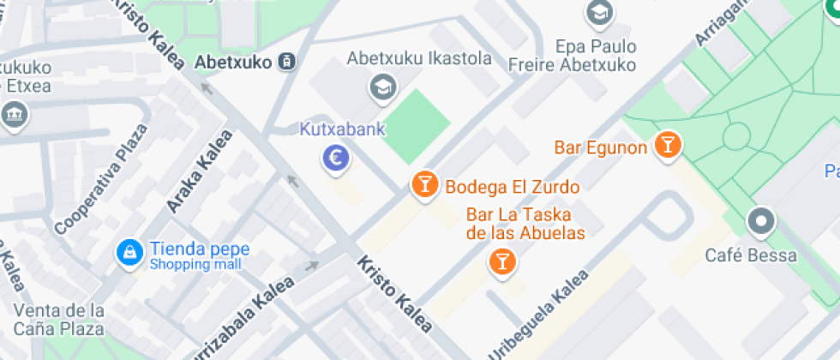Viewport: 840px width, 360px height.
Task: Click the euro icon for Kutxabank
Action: (x=336, y=158)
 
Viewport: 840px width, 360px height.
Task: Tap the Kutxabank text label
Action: (x=342, y=130)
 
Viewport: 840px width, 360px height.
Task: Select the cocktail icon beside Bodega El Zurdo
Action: (x=423, y=184)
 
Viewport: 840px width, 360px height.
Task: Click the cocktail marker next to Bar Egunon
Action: (x=667, y=144)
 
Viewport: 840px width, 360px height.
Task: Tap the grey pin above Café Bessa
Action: (x=760, y=222)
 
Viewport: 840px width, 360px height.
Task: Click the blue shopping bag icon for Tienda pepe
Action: (x=129, y=252)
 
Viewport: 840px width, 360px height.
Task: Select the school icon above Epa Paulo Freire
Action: (x=598, y=13)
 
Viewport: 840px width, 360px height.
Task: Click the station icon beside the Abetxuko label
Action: (x=287, y=62)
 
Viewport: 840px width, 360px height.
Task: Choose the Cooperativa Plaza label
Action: (x=101, y=179)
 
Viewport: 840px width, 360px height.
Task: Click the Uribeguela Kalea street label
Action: (x=538, y=315)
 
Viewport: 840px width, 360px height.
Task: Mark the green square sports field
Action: (x=415, y=127)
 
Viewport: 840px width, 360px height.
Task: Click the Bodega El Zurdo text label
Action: (x=512, y=186)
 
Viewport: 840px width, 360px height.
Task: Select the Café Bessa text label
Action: (x=750, y=255)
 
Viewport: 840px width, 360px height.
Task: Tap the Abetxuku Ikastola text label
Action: (x=419, y=59)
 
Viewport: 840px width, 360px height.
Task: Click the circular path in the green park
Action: (x=736, y=136)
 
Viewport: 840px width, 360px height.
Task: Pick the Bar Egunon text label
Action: (x=600, y=147)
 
